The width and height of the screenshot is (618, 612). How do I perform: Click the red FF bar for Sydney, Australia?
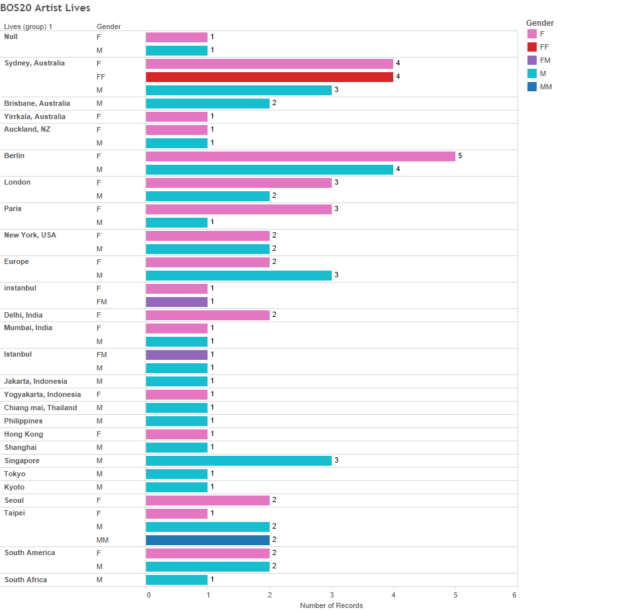point(269,77)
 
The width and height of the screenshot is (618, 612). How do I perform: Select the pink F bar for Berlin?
point(300,156)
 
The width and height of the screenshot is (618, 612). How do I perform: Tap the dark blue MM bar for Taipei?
point(208,540)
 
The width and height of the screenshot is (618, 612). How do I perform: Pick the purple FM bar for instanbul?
point(176,302)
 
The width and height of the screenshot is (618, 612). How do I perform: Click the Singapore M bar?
point(239,460)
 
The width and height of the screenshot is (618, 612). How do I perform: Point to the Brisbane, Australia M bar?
point(208,103)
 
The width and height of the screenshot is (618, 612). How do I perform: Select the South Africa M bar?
point(176,580)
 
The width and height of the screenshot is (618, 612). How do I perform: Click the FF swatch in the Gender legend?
point(531,47)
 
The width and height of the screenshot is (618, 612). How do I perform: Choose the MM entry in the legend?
point(545,87)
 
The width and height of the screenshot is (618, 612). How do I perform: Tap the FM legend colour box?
point(531,60)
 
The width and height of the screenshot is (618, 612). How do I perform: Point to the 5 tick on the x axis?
point(455,595)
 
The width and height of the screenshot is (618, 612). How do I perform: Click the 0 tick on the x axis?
point(148,595)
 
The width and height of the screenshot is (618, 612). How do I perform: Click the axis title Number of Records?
point(331,605)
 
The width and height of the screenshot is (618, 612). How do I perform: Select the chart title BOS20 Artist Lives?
point(46,8)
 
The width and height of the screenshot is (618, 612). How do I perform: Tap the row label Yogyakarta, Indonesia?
point(42,394)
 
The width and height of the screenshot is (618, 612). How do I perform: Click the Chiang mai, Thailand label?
point(40,408)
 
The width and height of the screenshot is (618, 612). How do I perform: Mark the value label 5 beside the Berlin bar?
point(460,156)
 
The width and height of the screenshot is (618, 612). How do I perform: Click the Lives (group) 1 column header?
point(28,26)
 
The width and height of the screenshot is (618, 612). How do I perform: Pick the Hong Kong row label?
point(24,434)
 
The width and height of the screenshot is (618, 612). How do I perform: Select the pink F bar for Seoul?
point(208,500)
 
